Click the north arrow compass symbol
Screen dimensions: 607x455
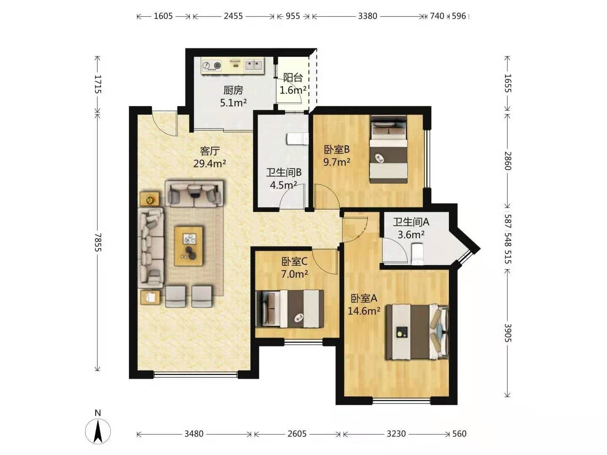98,431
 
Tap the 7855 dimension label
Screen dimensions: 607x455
98,242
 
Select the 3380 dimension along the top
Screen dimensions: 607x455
368,16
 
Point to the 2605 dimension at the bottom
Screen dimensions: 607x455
297,434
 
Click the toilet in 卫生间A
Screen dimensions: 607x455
417,253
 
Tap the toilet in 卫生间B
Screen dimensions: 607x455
298,139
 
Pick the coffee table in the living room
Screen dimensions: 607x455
189,246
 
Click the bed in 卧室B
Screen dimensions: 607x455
389,149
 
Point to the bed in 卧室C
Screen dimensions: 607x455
290,308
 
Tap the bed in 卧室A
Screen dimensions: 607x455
417,332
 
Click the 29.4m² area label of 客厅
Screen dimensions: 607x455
209,164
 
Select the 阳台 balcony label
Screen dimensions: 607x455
293,78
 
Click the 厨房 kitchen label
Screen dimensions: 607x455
233,90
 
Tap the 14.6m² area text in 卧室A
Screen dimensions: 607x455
364,311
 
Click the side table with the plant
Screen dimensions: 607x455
150,198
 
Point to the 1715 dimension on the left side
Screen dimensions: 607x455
98,84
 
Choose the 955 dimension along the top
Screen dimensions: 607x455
293,16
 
